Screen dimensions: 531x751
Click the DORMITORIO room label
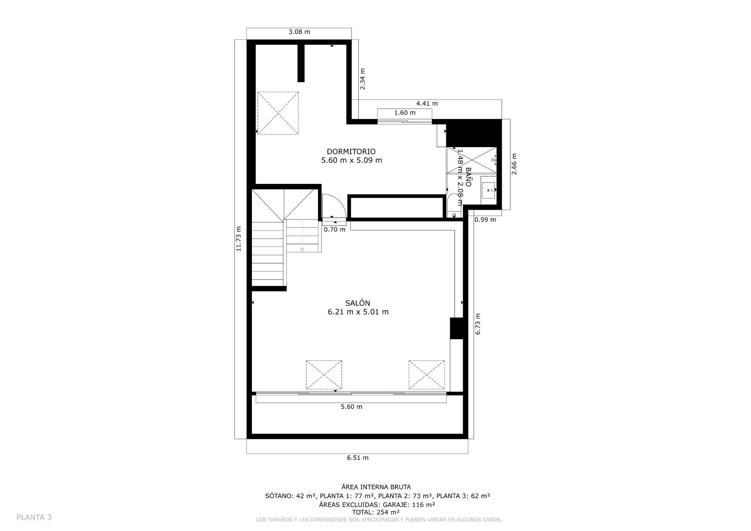(351, 151)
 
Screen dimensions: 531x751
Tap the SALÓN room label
(358, 303)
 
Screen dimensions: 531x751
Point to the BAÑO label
(468, 177)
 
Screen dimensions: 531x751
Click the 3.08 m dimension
(299, 32)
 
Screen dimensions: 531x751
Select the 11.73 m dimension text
(238, 239)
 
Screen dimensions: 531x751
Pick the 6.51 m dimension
(358, 457)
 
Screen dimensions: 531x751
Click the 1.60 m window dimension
(404, 113)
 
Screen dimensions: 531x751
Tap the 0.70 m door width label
(334, 230)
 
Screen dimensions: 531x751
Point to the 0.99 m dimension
(485, 220)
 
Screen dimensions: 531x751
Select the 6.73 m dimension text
(478, 324)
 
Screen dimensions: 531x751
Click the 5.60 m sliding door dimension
(351, 407)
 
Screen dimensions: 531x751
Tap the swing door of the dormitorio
(333, 205)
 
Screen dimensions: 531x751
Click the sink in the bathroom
(488, 191)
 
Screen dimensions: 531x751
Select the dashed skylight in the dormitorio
(278, 113)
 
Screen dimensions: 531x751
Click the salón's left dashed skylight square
(323, 375)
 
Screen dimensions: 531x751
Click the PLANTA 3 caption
(34, 517)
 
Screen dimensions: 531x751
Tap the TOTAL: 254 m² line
(375, 512)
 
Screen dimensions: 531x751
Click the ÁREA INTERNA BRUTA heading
(376, 487)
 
